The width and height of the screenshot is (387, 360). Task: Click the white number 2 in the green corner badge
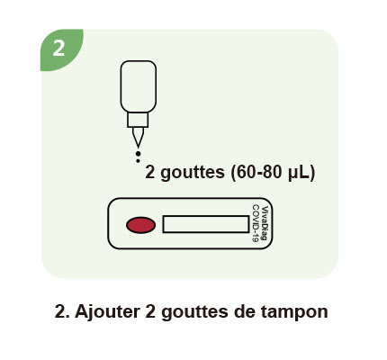click(x=58, y=48)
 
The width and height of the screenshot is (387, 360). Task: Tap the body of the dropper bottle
click(x=139, y=86)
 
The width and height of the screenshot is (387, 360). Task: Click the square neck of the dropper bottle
click(x=138, y=120)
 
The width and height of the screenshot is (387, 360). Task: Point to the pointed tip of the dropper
click(x=138, y=147)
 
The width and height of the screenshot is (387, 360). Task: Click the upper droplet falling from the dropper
click(x=138, y=154)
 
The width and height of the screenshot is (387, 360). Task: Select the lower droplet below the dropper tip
click(x=138, y=161)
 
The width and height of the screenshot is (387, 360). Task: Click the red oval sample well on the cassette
click(x=140, y=225)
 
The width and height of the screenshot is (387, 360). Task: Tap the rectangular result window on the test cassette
click(x=206, y=224)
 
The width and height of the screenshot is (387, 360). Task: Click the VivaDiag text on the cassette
click(x=265, y=223)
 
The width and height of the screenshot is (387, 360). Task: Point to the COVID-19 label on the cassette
click(x=256, y=223)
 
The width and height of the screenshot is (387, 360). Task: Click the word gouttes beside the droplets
click(x=193, y=173)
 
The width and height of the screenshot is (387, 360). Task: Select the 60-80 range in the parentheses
click(x=259, y=172)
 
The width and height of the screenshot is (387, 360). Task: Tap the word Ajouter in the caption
click(x=107, y=312)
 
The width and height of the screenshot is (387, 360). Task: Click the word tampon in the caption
click(x=294, y=312)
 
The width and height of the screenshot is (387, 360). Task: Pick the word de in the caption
click(x=244, y=311)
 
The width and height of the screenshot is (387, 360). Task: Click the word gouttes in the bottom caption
click(x=194, y=312)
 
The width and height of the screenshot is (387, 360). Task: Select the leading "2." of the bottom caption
click(x=63, y=311)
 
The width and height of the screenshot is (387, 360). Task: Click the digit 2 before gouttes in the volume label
click(x=150, y=172)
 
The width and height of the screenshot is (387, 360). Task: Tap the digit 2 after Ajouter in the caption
click(x=150, y=311)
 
